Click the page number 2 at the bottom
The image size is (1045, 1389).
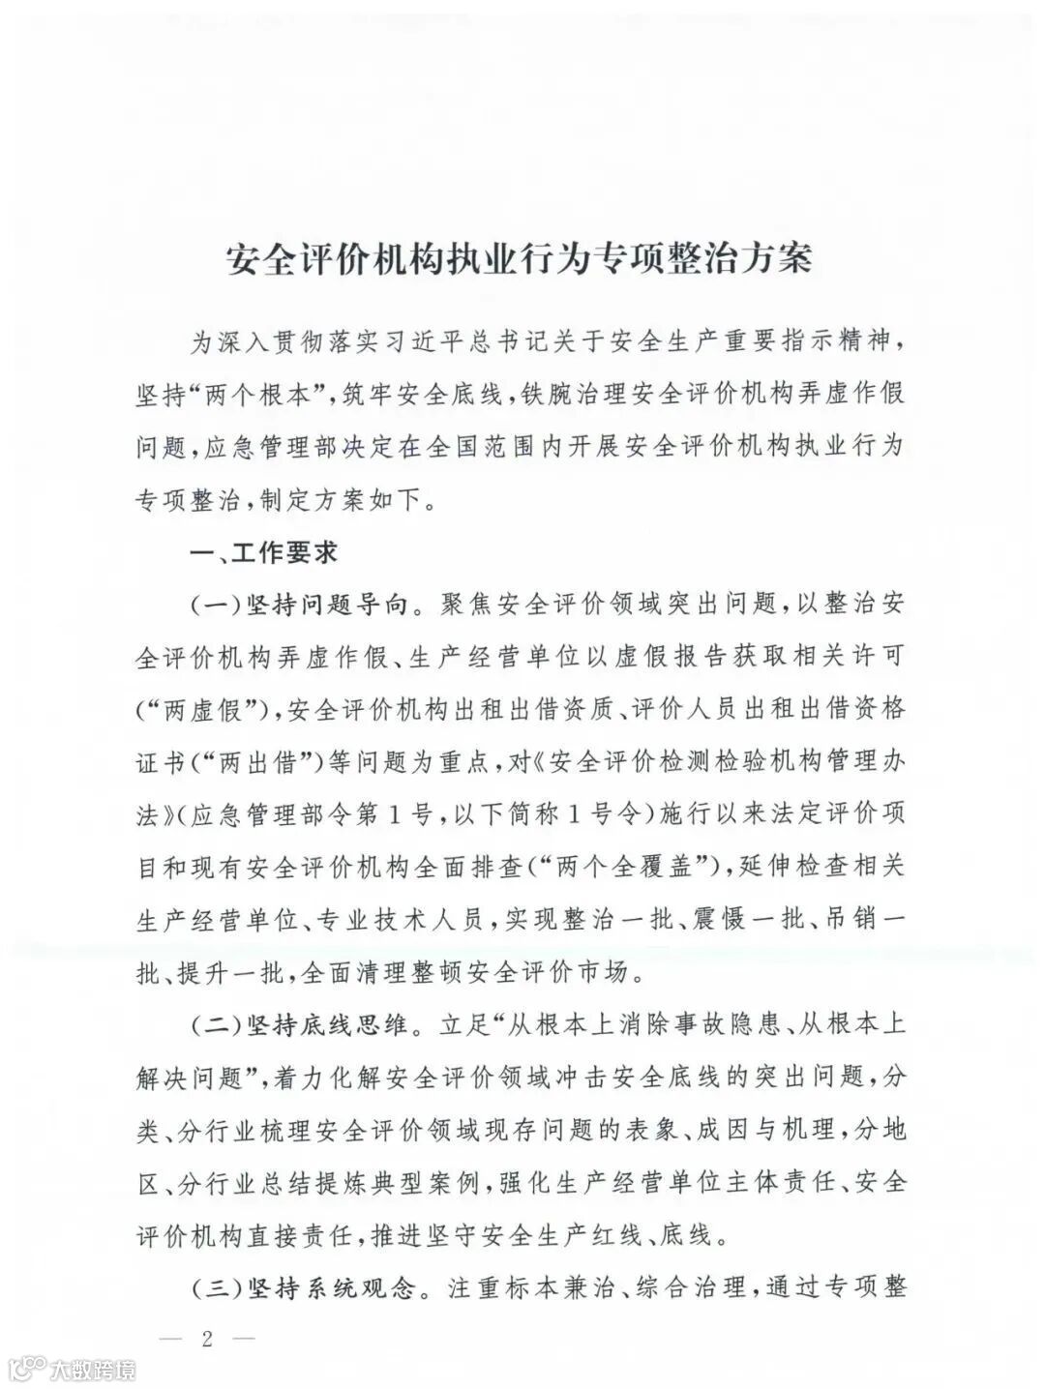[x=205, y=1340]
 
